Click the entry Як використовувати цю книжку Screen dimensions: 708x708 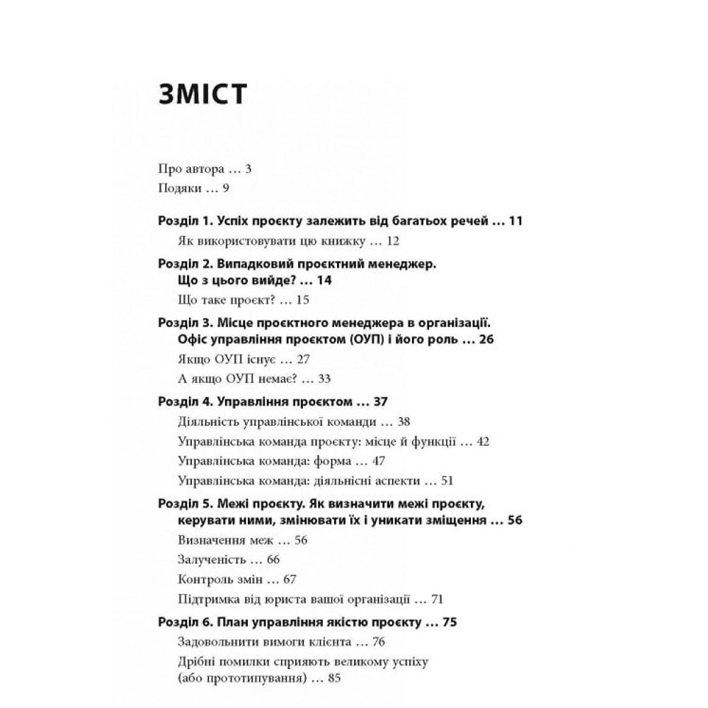[x=269, y=241]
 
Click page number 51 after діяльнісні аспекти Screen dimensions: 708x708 [x=447, y=481]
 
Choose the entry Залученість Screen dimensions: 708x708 [x=210, y=559]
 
